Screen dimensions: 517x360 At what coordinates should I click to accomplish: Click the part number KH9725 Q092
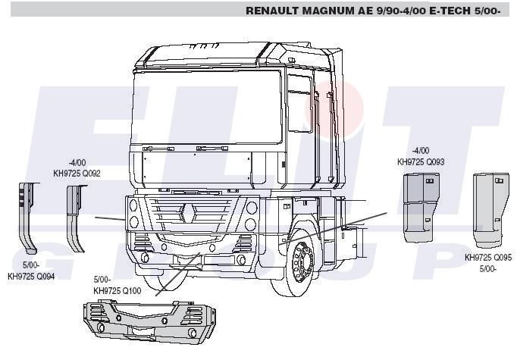pyautogui.click(x=77, y=174)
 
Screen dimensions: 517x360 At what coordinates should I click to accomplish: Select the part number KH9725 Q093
pyautogui.click(x=421, y=162)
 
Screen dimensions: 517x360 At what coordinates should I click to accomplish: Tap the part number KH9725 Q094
pyautogui.click(x=31, y=277)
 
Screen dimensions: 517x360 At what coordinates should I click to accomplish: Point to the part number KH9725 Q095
pyautogui.click(x=488, y=258)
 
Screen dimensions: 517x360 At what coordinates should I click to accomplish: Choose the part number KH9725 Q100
pyautogui.click(x=117, y=291)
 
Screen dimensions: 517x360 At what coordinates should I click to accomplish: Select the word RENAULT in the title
pyautogui.click(x=273, y=11)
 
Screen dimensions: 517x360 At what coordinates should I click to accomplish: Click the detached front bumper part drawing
pyautogui.click(x=149, y=321)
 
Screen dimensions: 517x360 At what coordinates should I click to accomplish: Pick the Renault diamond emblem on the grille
pyautogui.click(x=188, y=213)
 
